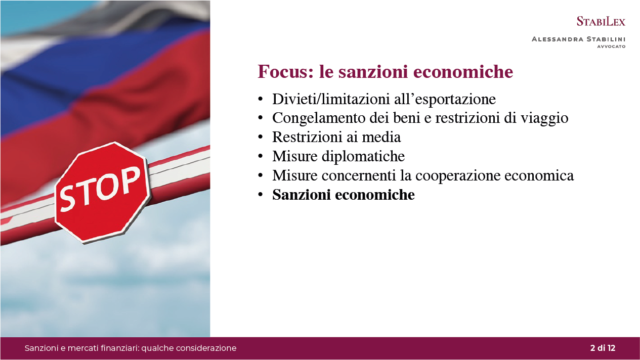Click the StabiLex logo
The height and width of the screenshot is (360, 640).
point(601,21)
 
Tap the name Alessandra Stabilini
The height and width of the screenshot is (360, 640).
point(579,39)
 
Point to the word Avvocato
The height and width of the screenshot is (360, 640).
point(611,47)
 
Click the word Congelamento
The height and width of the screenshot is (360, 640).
point(319,118)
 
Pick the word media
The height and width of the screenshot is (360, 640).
point(381,137)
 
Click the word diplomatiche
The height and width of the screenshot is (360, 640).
point(363,156)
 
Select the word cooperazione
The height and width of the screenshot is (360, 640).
point(458,175)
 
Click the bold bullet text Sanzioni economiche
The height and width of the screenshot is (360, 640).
point(344,195)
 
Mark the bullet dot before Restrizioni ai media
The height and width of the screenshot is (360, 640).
point(260,138)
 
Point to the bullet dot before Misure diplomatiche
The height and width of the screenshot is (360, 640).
point(260,156)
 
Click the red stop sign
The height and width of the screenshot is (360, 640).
point(102,193)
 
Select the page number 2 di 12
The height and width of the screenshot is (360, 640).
point(603,348)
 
